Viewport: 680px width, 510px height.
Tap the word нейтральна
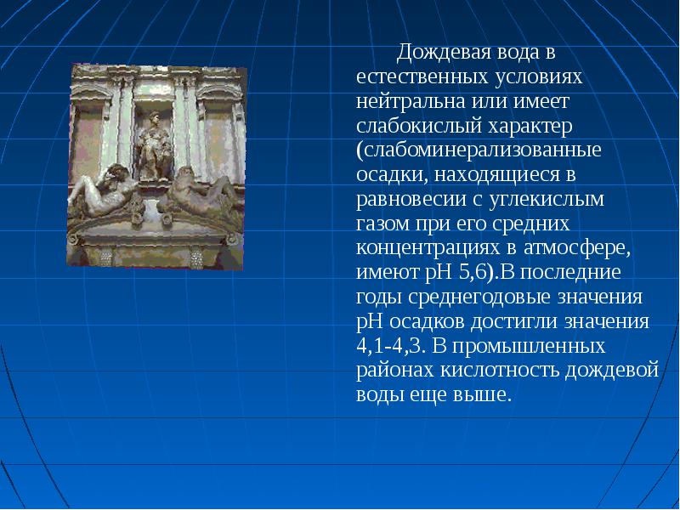(x=411, y=101)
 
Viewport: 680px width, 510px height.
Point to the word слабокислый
(x=419, y=126)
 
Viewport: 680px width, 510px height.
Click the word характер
(x=530, y=126)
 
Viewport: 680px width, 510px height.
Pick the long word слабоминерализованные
(x=479, y=150)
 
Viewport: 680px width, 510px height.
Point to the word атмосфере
(x=577, y=248)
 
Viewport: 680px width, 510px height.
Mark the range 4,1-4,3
(x=388, y=347)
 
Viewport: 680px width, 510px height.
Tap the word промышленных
(x=530, y=347)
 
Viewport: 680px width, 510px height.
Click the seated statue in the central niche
(x=153, y=146)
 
